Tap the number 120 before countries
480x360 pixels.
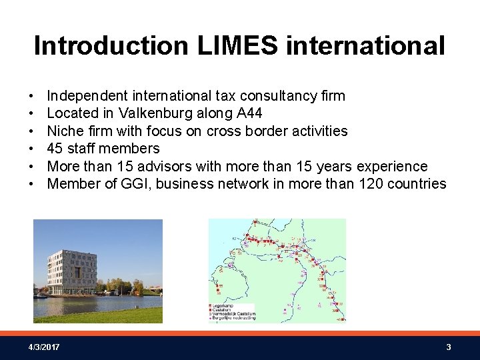(x=365, y=184)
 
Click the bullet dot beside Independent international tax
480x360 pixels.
(x=31, y=97)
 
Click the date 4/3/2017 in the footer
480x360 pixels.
(x=44, y=347)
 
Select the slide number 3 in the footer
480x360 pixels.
(x=449, y=347)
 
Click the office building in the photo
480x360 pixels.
(x=72, y=271)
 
